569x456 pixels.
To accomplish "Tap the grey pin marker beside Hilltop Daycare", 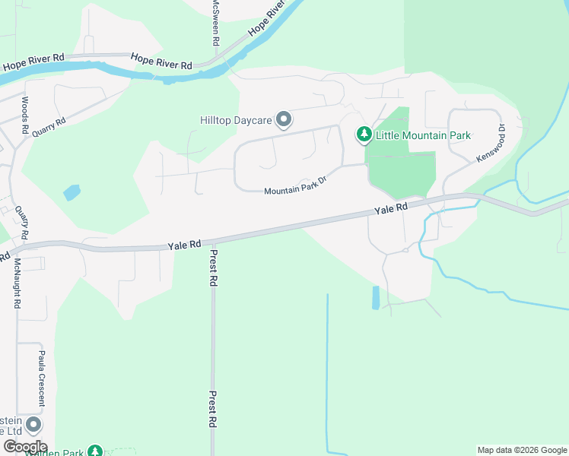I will click(x=284, y=119).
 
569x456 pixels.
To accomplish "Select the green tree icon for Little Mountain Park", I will click(x=364, y=135).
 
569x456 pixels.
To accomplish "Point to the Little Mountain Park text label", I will click(x=423, y=136).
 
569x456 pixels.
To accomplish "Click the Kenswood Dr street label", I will click(x=491, y=143).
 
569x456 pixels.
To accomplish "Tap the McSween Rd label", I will click(x=215, y=23).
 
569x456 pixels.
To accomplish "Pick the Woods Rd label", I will click(x=25, y=116).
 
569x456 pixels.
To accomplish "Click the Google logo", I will click(x=24, y=447).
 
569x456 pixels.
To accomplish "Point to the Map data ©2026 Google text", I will click(x=522, y=450).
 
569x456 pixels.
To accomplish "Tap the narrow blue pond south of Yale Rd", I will click(x=376, y=297).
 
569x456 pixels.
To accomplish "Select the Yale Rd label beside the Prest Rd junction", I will click(x=184, y=245).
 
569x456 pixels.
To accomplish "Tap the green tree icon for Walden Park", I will click(x=94, y=451).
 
